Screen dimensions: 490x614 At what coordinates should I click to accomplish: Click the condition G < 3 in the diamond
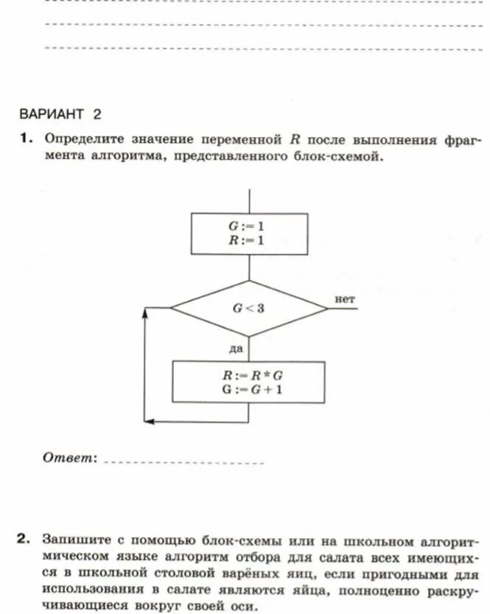tap(248, 308)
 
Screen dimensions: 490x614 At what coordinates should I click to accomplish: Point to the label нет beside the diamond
tap(344, 299)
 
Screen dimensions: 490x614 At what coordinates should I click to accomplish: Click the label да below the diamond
tap(236, 346)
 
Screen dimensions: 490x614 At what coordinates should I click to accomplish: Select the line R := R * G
tap(248, 375)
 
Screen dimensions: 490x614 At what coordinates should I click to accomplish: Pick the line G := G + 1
tap(248, 389)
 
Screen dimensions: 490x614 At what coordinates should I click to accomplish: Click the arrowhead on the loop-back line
tap(145, 313)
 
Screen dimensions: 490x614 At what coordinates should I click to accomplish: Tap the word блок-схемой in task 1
tap(343, 157)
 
